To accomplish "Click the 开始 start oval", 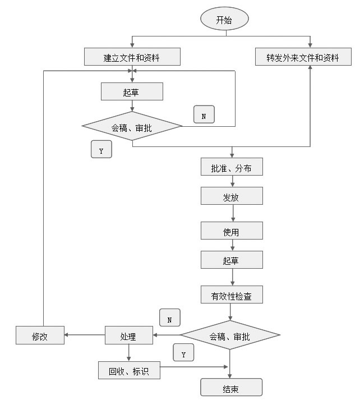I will (224, 20).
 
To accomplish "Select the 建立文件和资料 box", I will (132, 57).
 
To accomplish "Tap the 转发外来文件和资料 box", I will (304, 57).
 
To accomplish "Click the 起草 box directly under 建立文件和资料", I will (132, 91).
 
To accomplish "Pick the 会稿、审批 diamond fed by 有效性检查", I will (230, 336).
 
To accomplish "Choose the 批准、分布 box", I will (232, 167).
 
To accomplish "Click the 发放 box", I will (232, 195).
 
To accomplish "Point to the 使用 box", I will (232, 230).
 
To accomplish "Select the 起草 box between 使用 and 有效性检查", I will (232, 259).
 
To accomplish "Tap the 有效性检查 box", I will (232, 295).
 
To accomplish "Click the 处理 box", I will (128, 336).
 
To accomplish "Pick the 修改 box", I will (40, 335).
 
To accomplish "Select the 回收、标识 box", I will (129, 370).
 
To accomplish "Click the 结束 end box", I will (231, 388).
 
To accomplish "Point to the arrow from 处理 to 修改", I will (85, 336).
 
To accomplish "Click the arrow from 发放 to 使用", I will (232, 213).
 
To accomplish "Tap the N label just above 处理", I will (169, 318).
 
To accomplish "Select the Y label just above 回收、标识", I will (183, 353).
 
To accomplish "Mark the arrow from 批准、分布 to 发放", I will (232, 181).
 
